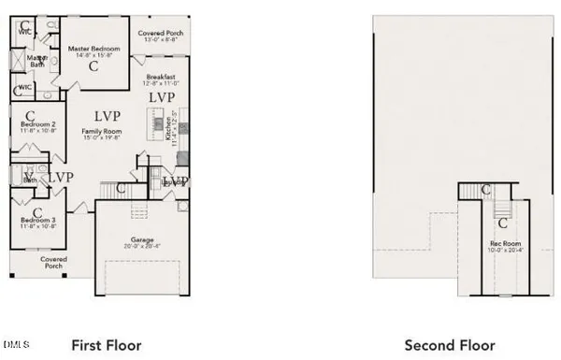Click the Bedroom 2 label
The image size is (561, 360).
[39, 124]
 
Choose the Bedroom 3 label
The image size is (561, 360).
[39, 220]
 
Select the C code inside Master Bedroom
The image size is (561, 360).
[93, 67]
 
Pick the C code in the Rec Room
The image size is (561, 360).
[503, 223]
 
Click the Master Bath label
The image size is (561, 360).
[37, 62]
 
